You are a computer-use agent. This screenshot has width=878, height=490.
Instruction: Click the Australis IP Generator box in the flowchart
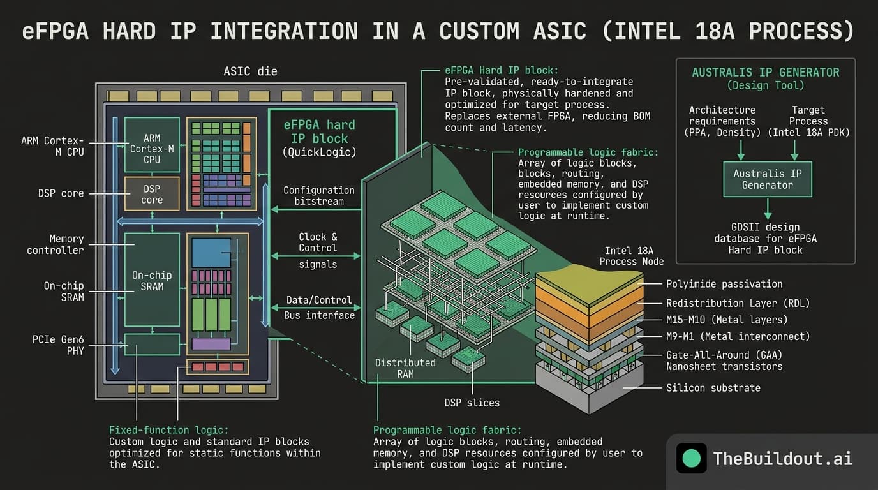tap(767, 179)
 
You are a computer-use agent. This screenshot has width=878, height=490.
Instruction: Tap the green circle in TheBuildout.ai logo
tap(691, 458)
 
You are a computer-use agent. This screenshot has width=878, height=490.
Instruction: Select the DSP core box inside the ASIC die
tap(152, 194)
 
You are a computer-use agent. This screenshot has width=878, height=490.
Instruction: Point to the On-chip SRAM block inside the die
tap(152, 280)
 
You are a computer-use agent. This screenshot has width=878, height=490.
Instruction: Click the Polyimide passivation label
tap(724, 284)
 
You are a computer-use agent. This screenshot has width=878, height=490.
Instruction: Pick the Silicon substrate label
tap(713, 387)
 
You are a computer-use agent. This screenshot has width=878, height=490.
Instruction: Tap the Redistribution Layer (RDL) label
tap(729, 303)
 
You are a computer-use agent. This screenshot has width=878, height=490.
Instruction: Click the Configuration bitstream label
tap(318, 196)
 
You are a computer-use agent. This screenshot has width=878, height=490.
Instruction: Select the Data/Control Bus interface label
tap(318, 308)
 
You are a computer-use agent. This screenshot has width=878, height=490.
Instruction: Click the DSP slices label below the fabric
tap(472, 403)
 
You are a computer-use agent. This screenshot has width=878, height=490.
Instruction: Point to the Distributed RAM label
tap(405, 368)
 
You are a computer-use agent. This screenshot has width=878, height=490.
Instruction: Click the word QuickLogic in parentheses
tap(319, 152)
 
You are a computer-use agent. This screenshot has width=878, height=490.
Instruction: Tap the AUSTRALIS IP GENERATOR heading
tap(765, 72)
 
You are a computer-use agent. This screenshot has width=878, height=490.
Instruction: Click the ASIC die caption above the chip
tap(250, 71)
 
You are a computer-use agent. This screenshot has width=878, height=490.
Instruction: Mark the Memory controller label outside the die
tap(56, 244)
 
